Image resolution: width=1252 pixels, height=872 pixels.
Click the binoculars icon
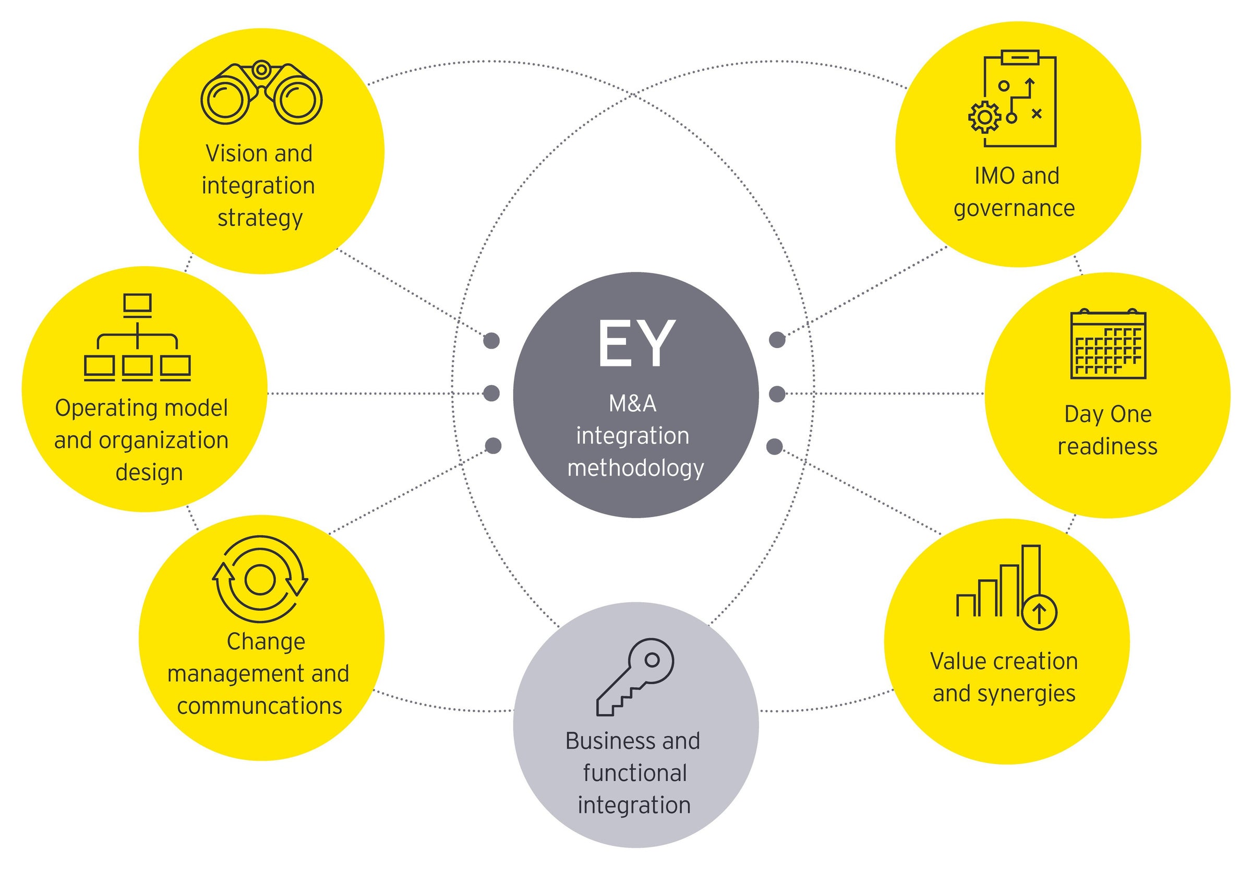(x=261, y=93)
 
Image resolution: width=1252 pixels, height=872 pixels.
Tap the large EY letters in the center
(x=636, y=343)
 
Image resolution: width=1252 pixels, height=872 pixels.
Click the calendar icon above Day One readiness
(x=1108, y=344)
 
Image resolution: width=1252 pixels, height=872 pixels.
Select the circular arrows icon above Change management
(x=260, y=579)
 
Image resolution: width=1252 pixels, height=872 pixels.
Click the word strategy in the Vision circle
(x=260, y=218)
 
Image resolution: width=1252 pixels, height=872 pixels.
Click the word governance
(x=1014, y=209)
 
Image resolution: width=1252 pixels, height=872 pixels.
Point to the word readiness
(x=1107, y=447)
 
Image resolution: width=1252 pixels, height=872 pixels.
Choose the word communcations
(x=260, y=706)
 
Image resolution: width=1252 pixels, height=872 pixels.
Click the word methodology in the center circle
(x=635, y=469)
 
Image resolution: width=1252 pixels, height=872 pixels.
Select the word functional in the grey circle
(x=635, y=773)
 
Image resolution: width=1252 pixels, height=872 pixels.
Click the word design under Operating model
(x=149, y=472)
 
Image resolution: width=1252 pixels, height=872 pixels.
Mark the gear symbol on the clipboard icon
(x=984, y=117)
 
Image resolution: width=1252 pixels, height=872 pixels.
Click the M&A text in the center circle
(x=633, y=403)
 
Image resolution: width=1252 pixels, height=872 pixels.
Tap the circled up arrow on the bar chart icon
(x=1039, y=613)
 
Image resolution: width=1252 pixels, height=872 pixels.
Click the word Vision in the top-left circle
(x=229, y=154)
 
